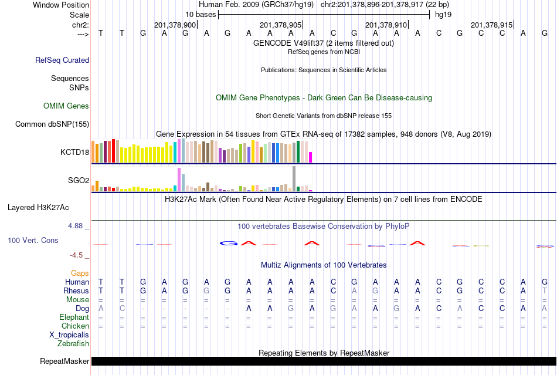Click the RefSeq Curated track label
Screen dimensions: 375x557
(x=62, y=60)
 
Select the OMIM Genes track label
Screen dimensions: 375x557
(x=66, y=106)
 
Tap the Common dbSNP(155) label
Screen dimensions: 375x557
(x=52, y=124)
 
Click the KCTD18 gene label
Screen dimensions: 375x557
(x=74, y=153)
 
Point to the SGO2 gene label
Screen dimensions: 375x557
(x=79, y=180)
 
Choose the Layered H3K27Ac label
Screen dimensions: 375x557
(x=38, y=207)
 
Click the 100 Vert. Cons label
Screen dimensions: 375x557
(x=33, y=241)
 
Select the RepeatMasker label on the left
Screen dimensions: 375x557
(x=64, y=361)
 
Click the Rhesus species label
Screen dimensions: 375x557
(x=76, y=290)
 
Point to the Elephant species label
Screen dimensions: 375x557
(x=74, y=317)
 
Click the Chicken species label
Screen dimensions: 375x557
(x=76, y=326)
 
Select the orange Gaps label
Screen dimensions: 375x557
(x=80, y=273)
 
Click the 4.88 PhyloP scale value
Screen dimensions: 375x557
(x=76, y=225)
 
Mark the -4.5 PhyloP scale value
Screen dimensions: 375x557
(x=76, y=255)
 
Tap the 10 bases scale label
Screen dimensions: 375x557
(x=201, y=14)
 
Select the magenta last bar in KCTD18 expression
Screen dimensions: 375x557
(x=311, y=157)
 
